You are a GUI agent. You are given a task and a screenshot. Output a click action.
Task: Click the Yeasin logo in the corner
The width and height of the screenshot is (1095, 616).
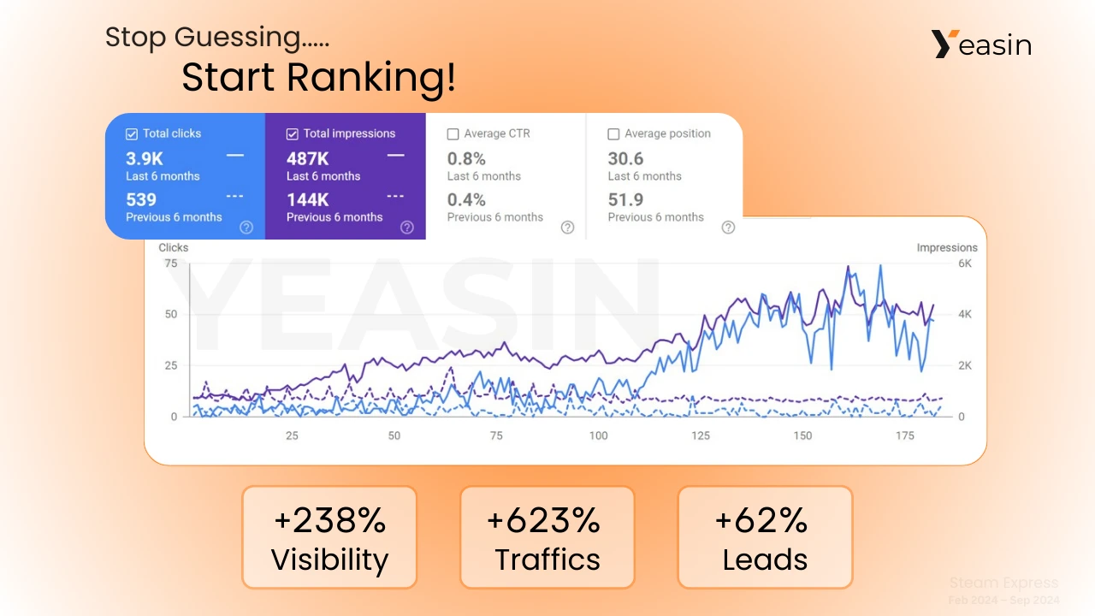(x=981, y=44)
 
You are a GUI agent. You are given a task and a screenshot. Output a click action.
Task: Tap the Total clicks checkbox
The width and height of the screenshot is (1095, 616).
(x=132, y=134)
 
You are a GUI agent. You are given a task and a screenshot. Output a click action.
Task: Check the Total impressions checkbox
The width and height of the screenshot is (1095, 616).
(x=293, y=134)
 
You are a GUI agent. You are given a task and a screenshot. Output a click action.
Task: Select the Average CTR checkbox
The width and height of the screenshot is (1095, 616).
(x=453, y=134)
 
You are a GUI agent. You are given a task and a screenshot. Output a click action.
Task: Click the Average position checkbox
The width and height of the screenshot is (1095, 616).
(x=613, y=134)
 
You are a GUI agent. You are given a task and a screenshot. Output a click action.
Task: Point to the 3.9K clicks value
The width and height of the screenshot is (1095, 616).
(x=144, y=158)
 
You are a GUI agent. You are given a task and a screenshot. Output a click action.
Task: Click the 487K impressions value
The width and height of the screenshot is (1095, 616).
(x=308, y=158)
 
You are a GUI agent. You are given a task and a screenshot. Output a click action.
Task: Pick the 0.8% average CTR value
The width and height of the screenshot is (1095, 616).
(x=466, y=158)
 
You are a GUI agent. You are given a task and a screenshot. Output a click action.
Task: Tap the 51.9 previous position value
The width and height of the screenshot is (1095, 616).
(x=625, y=199)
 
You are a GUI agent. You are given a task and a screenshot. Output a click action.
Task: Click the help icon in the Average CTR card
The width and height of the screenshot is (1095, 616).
(x=567, y=228)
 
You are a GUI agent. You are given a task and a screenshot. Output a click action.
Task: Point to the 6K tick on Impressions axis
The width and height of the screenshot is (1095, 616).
(x=965, y=264)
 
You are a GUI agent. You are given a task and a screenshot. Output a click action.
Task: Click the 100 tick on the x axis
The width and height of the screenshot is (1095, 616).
(x=598, y=435)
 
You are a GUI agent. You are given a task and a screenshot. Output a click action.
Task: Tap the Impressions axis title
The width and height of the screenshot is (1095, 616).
(x=946, y=248)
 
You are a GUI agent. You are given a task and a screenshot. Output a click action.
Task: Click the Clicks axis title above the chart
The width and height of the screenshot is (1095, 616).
(x=174, y=248)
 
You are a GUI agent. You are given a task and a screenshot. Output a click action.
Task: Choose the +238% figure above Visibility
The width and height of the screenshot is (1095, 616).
(x=329, y=520)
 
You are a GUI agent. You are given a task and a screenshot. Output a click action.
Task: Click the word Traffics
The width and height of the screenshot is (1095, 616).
(x=547, y=560)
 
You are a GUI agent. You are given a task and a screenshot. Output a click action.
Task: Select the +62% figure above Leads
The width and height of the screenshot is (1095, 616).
(x=765, y=520)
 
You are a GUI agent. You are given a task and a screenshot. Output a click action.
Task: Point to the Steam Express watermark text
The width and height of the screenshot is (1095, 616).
(x=1003, y=583)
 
